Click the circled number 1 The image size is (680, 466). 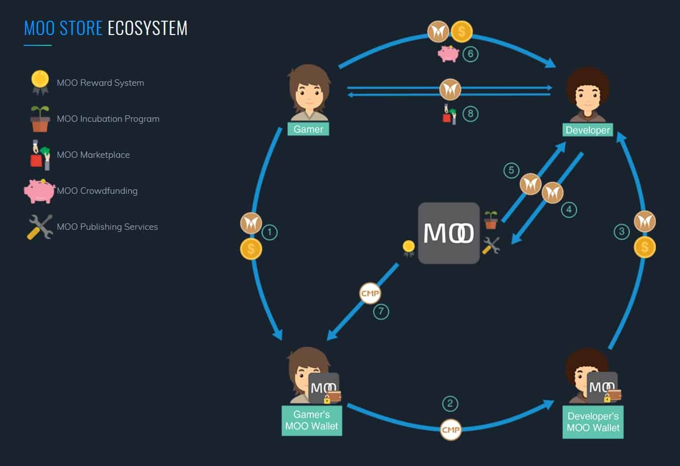coord(269,232)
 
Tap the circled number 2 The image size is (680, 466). coord(450,403)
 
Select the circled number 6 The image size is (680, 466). coord(471,54)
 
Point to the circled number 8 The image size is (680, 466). coord(471,114)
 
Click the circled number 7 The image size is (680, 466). coord(381,312)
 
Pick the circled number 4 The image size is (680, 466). coord(569,210)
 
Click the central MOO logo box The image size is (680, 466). coord(448,233)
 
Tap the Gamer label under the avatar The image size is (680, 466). coord(308,129)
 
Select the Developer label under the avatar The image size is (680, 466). coord(587,130)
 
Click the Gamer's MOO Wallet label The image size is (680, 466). coord(311,420)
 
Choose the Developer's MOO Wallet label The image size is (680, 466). coord(593,422)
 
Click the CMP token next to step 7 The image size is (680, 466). coord(370,293)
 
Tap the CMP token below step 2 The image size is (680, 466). coord(450,430)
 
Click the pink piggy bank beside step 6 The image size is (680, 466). coord(448,53)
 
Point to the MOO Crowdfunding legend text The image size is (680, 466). coord(97,191)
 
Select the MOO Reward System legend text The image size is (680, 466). coord(101,83)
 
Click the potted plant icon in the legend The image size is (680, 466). coord(40,119)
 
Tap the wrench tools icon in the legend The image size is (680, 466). coord(40,227)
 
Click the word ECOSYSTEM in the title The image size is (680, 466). coord(147,28)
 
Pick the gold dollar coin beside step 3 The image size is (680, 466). coord(645,247)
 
